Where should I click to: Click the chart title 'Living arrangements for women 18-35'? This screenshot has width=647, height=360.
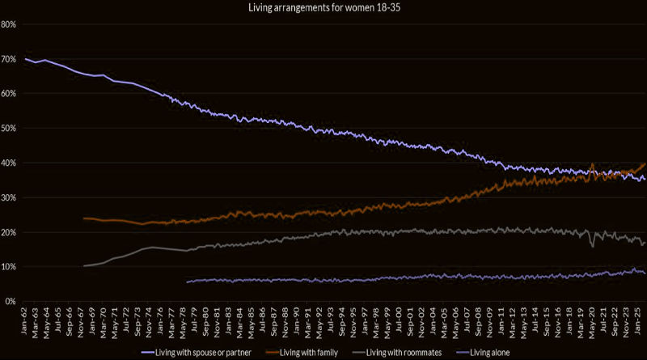point(323,8)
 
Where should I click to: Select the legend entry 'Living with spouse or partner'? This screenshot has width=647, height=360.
point(197,353)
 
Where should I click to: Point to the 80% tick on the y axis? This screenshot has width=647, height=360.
point(9,24)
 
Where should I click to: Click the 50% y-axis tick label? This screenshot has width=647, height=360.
point(9,129)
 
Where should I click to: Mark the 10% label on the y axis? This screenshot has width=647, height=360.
point(9,267)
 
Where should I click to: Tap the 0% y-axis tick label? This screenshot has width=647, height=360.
point(11,302)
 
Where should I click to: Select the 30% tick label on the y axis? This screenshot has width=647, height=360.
point(9,198)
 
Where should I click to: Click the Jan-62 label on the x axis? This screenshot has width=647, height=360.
point(26,319)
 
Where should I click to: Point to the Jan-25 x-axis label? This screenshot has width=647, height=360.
point(637,319)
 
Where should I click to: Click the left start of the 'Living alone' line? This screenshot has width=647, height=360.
point(187,282)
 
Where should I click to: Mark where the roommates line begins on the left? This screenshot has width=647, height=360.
point(83,265)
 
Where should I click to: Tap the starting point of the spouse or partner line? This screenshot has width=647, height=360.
point(26,59)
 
